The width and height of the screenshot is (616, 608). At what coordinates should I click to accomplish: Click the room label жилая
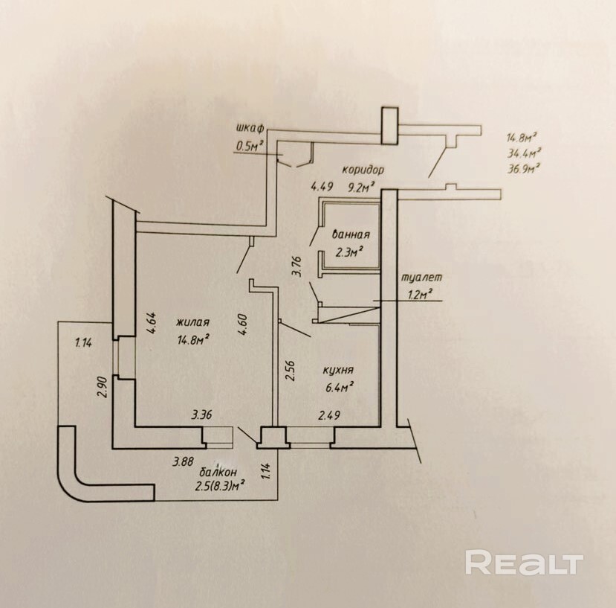(192, 322)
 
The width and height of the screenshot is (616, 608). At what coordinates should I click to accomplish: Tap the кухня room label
(338, 371)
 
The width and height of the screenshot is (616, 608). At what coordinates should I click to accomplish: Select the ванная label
(351, 234)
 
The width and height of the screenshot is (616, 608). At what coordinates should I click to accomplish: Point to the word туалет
(421, 277)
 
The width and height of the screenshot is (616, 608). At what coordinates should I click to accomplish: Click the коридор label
(363, 170)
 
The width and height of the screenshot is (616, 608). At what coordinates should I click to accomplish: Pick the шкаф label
(250, 128)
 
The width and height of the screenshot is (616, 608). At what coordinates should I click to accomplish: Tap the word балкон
(218, 472)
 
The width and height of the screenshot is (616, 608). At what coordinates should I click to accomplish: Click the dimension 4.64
(152, 323)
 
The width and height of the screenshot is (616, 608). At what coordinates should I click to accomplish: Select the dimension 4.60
(242, 324)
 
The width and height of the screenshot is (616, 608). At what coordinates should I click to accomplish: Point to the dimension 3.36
(202, 415)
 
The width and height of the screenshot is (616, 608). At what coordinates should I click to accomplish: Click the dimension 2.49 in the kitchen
(329, 415)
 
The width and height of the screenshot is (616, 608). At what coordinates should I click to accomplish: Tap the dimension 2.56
(290, 371)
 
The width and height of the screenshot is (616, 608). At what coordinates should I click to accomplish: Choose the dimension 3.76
(297, 267)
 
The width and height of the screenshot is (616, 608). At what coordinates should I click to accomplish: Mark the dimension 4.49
(322, 186)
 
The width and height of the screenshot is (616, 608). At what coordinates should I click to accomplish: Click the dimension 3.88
(184, 461)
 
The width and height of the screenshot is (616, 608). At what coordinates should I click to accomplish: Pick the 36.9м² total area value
(524, 170)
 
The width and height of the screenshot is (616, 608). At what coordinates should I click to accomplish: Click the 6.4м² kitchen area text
(338, 388)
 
